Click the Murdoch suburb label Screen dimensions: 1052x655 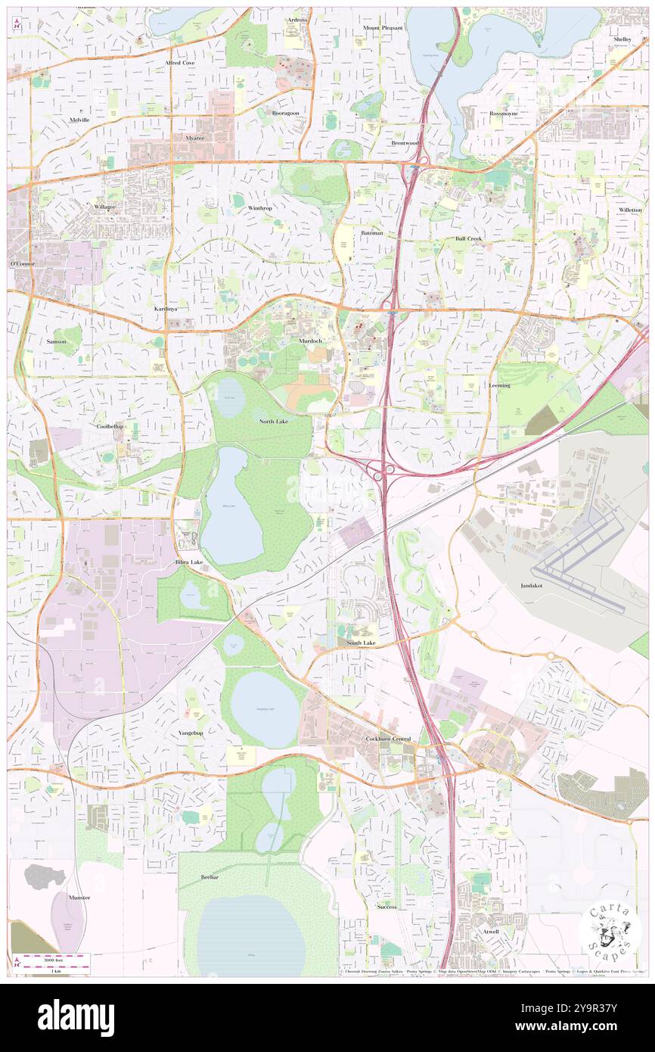[310, 341]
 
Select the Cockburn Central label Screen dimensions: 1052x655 [388, 738]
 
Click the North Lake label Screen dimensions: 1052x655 [273, 421]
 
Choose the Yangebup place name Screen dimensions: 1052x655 [191, 733]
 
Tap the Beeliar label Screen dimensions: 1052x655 [210, 877]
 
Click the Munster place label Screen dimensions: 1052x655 [79, 898]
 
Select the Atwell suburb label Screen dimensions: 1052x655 [491, 931]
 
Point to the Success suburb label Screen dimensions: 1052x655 [386, 906]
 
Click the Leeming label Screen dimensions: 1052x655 [499, 385]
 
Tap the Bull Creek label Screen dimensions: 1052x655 [468, 238]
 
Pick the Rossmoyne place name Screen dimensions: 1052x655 [503, 114]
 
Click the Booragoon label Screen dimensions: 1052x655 [286, 113]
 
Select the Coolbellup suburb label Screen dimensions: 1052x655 [110, 426]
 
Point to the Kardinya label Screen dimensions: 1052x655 [166, 310]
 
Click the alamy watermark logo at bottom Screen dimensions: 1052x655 [76, 1017]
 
